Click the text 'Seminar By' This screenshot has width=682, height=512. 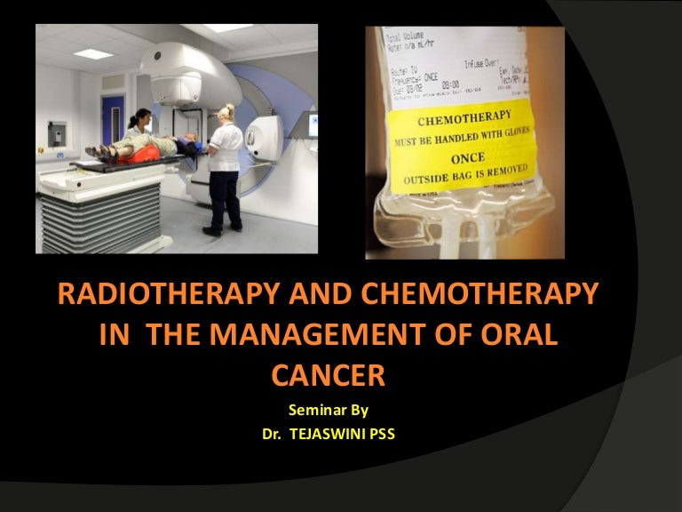[x=328, y=410]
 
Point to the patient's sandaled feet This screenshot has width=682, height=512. [x=92, y=150]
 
